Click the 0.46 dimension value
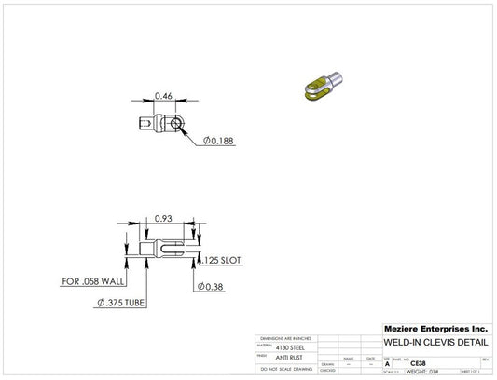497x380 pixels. [x=163, y=95]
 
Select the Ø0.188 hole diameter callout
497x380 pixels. [x=217, y=141]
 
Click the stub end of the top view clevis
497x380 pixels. [x=144, y=122]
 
